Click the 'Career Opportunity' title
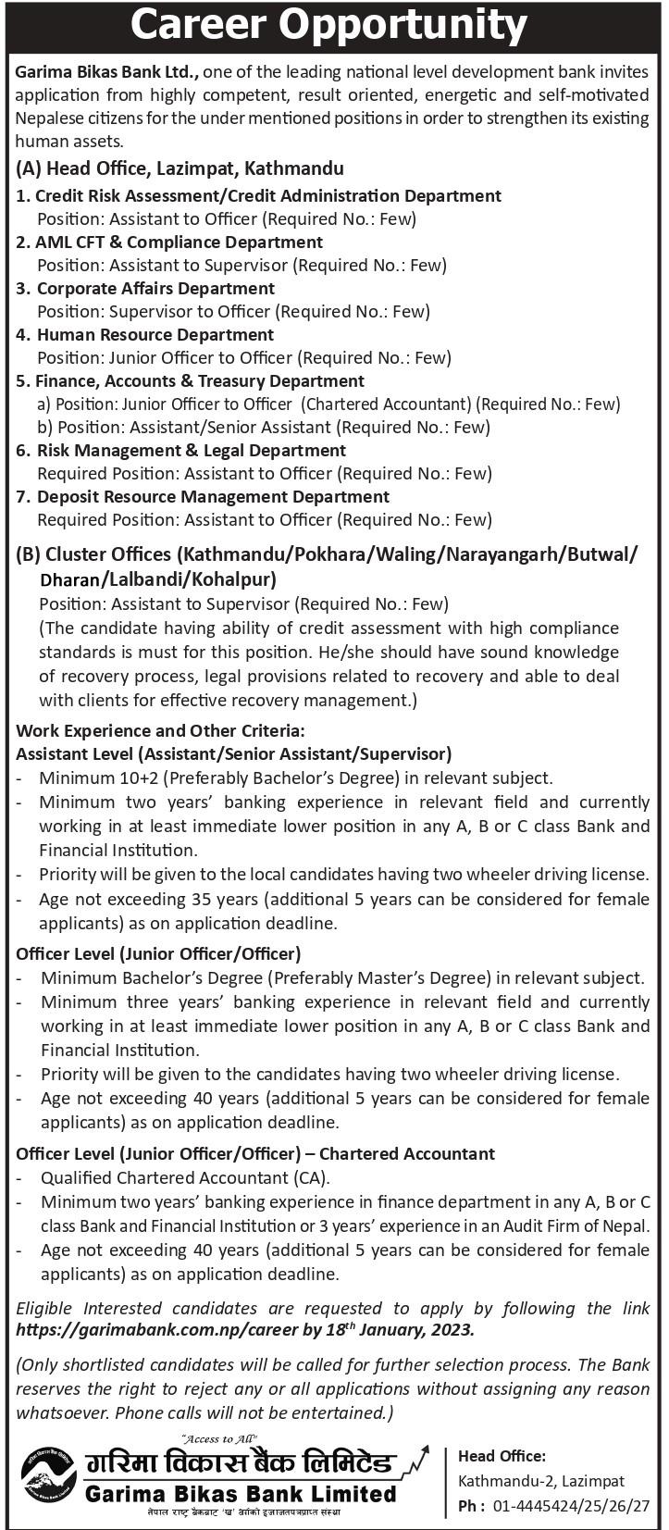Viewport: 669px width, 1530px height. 334,27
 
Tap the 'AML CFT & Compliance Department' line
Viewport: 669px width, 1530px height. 180,243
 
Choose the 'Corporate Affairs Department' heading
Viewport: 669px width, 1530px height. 155,289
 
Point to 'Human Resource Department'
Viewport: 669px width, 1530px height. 155,335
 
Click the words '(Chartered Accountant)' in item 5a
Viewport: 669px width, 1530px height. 387,404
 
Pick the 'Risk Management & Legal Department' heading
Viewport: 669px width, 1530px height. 191,451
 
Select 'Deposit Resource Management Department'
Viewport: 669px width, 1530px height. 213,497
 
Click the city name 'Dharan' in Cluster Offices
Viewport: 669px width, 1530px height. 68,579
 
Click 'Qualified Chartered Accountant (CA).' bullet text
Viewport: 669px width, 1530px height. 185,1179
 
